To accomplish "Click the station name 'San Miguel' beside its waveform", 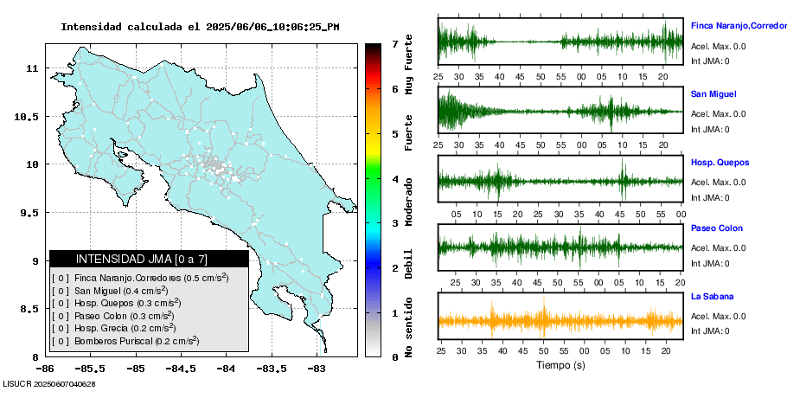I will [x=713, y=93].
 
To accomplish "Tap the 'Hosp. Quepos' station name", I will [x=720, y=163].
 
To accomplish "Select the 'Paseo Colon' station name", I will [x=716, y=228].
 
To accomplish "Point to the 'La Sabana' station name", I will [x=712, y=297].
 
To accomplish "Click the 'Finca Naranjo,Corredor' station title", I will [x=738, y=26].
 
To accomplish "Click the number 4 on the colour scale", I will [x=394, y=179].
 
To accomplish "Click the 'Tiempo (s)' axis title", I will [x=560, y=365].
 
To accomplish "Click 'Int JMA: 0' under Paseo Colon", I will [x=709, y=263].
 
